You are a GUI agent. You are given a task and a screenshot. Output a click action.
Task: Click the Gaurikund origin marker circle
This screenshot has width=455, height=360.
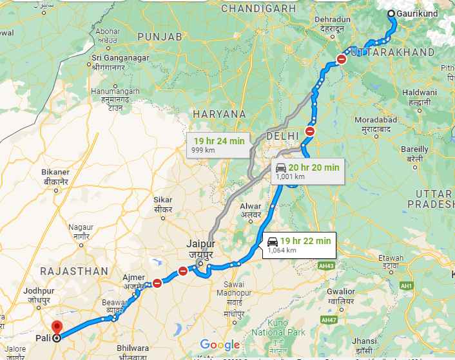coord(392,14)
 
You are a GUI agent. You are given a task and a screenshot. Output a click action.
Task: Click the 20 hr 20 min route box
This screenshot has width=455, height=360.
coord(307,170)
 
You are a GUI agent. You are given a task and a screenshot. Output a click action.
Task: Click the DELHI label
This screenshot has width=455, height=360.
coord(282,136)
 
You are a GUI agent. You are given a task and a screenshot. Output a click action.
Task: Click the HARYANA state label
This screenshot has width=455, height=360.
coord(220,113)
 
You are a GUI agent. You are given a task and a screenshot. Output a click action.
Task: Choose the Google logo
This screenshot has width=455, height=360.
coord(220,344)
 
